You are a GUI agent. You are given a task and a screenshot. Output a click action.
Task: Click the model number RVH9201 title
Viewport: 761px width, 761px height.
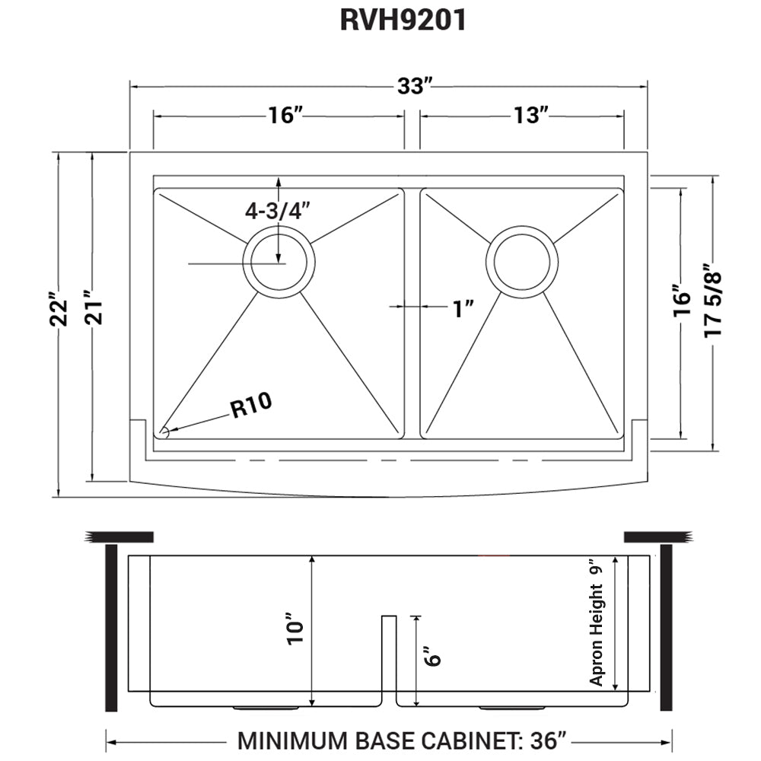(x=403, y=21)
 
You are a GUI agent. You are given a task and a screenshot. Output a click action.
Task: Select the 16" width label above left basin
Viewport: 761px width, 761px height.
(x=285, y=115)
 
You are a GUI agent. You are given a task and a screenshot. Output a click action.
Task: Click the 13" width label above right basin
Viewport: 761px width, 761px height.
(x=530, y=115)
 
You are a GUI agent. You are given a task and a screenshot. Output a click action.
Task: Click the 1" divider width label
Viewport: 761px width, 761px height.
(x=463, y=308)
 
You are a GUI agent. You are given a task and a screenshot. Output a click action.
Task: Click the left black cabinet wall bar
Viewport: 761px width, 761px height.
(x=111, y=628)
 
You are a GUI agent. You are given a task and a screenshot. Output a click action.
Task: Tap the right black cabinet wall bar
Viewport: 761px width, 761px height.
(x=666, y=628)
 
